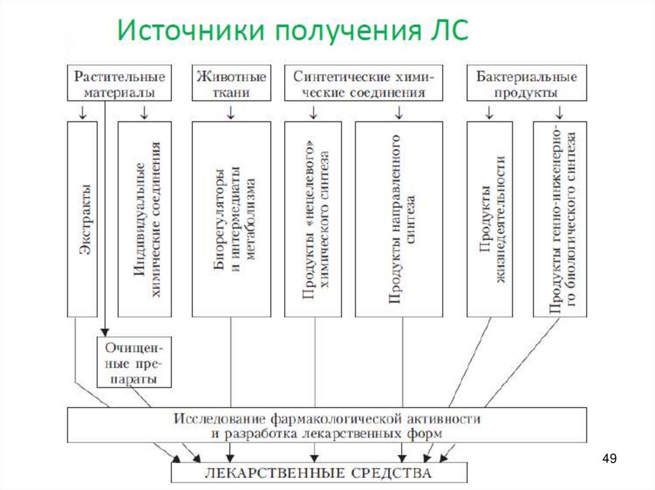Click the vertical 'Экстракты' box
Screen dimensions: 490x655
85,219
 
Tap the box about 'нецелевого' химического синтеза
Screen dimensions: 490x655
313,219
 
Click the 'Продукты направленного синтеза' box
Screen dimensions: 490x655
399,219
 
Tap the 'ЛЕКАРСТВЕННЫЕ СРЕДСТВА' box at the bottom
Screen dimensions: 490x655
319,472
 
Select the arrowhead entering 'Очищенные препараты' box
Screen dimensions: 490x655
104,332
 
